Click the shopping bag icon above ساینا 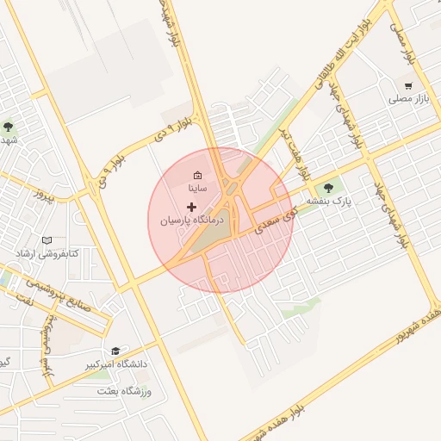pos(197,175)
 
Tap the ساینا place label pos(197,188)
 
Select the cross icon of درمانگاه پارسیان pos(191,207)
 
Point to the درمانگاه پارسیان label pos(191,220)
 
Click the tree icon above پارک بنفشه pos(327,189)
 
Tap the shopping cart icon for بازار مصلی pos(408,86)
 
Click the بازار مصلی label pos(408,100)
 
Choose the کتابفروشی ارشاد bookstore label pos(47,253)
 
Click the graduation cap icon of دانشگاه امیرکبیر pos(115,351)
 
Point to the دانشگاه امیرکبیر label pos(116,364)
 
